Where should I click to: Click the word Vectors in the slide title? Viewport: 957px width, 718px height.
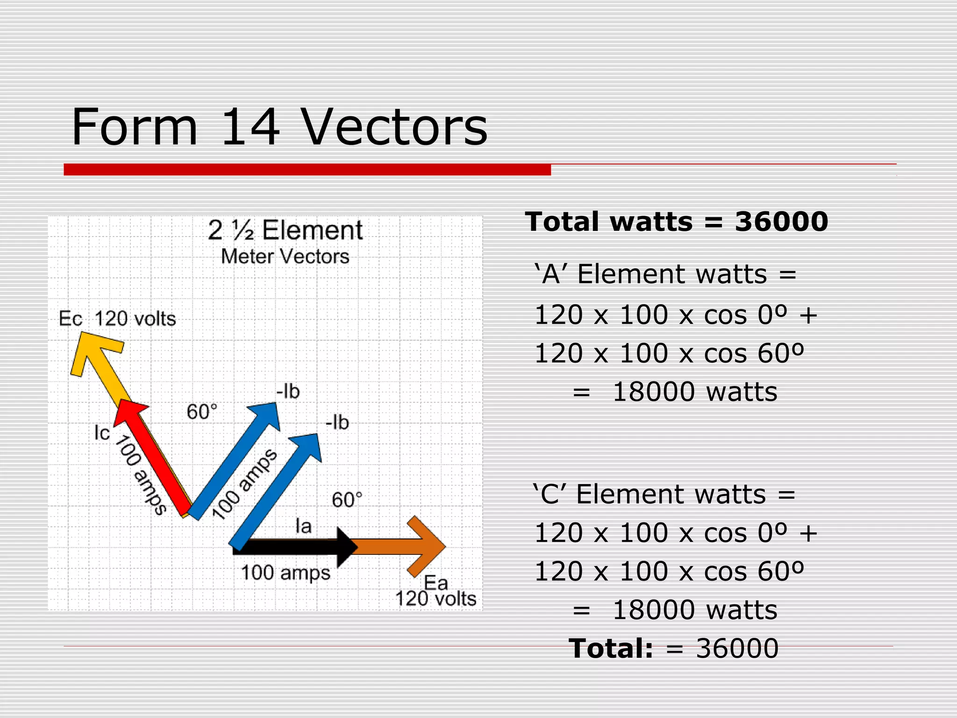pyautogui.click(x=393, y=127)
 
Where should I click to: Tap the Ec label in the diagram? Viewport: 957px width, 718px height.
pyautogui.click(x=71, y=319)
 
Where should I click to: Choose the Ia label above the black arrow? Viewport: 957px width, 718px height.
pyautogui.click(x=304, y=526)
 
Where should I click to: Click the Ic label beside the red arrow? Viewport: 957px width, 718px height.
pyautogui.click(x=102, y=433)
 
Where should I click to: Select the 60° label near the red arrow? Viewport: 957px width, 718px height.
pyautogui.click(x=202, y=412)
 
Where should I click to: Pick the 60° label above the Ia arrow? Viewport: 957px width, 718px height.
pyautogui.click(x=347, y=500)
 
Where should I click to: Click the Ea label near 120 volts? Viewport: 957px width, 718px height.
pyautogui.click(x=436, y=583)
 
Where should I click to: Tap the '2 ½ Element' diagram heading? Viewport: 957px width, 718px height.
pyautogui.click(x=285, y=230)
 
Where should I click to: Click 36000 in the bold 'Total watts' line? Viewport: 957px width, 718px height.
pyautogui.click(x=781, y=222)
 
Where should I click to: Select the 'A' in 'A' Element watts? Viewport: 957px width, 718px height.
pyautogui.click(x=551, y=274)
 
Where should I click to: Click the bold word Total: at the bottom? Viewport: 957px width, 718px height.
pyautogui.click(x=611, y=648)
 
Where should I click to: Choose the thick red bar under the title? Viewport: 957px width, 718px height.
pyautogui.click(x=307, y=170)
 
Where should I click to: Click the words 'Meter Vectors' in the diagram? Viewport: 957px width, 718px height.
pyautogui.click(x=285, y=257)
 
